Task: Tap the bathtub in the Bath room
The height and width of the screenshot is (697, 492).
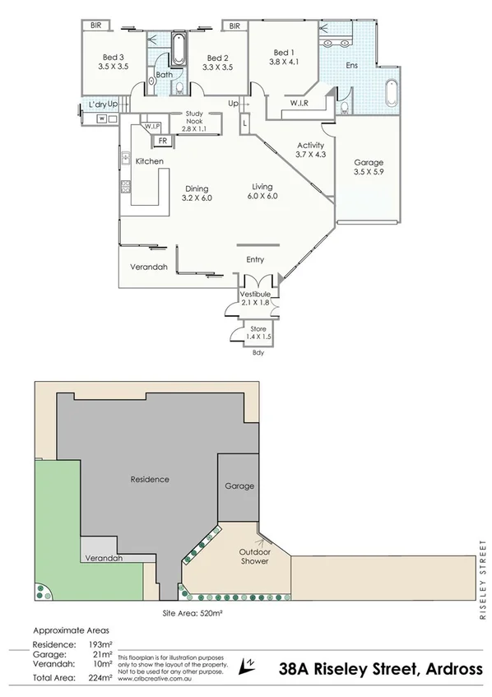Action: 179,50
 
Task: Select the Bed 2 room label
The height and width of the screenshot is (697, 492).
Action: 217,58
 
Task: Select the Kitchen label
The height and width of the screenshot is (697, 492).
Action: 149,161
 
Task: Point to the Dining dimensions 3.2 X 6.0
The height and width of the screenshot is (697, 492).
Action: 196,198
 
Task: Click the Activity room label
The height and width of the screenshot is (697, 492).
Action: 311,146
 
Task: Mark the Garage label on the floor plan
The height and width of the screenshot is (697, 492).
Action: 368,163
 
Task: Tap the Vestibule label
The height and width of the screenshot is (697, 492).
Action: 255,295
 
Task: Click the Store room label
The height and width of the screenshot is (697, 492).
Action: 258,329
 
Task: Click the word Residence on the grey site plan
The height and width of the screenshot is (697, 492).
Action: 150,479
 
